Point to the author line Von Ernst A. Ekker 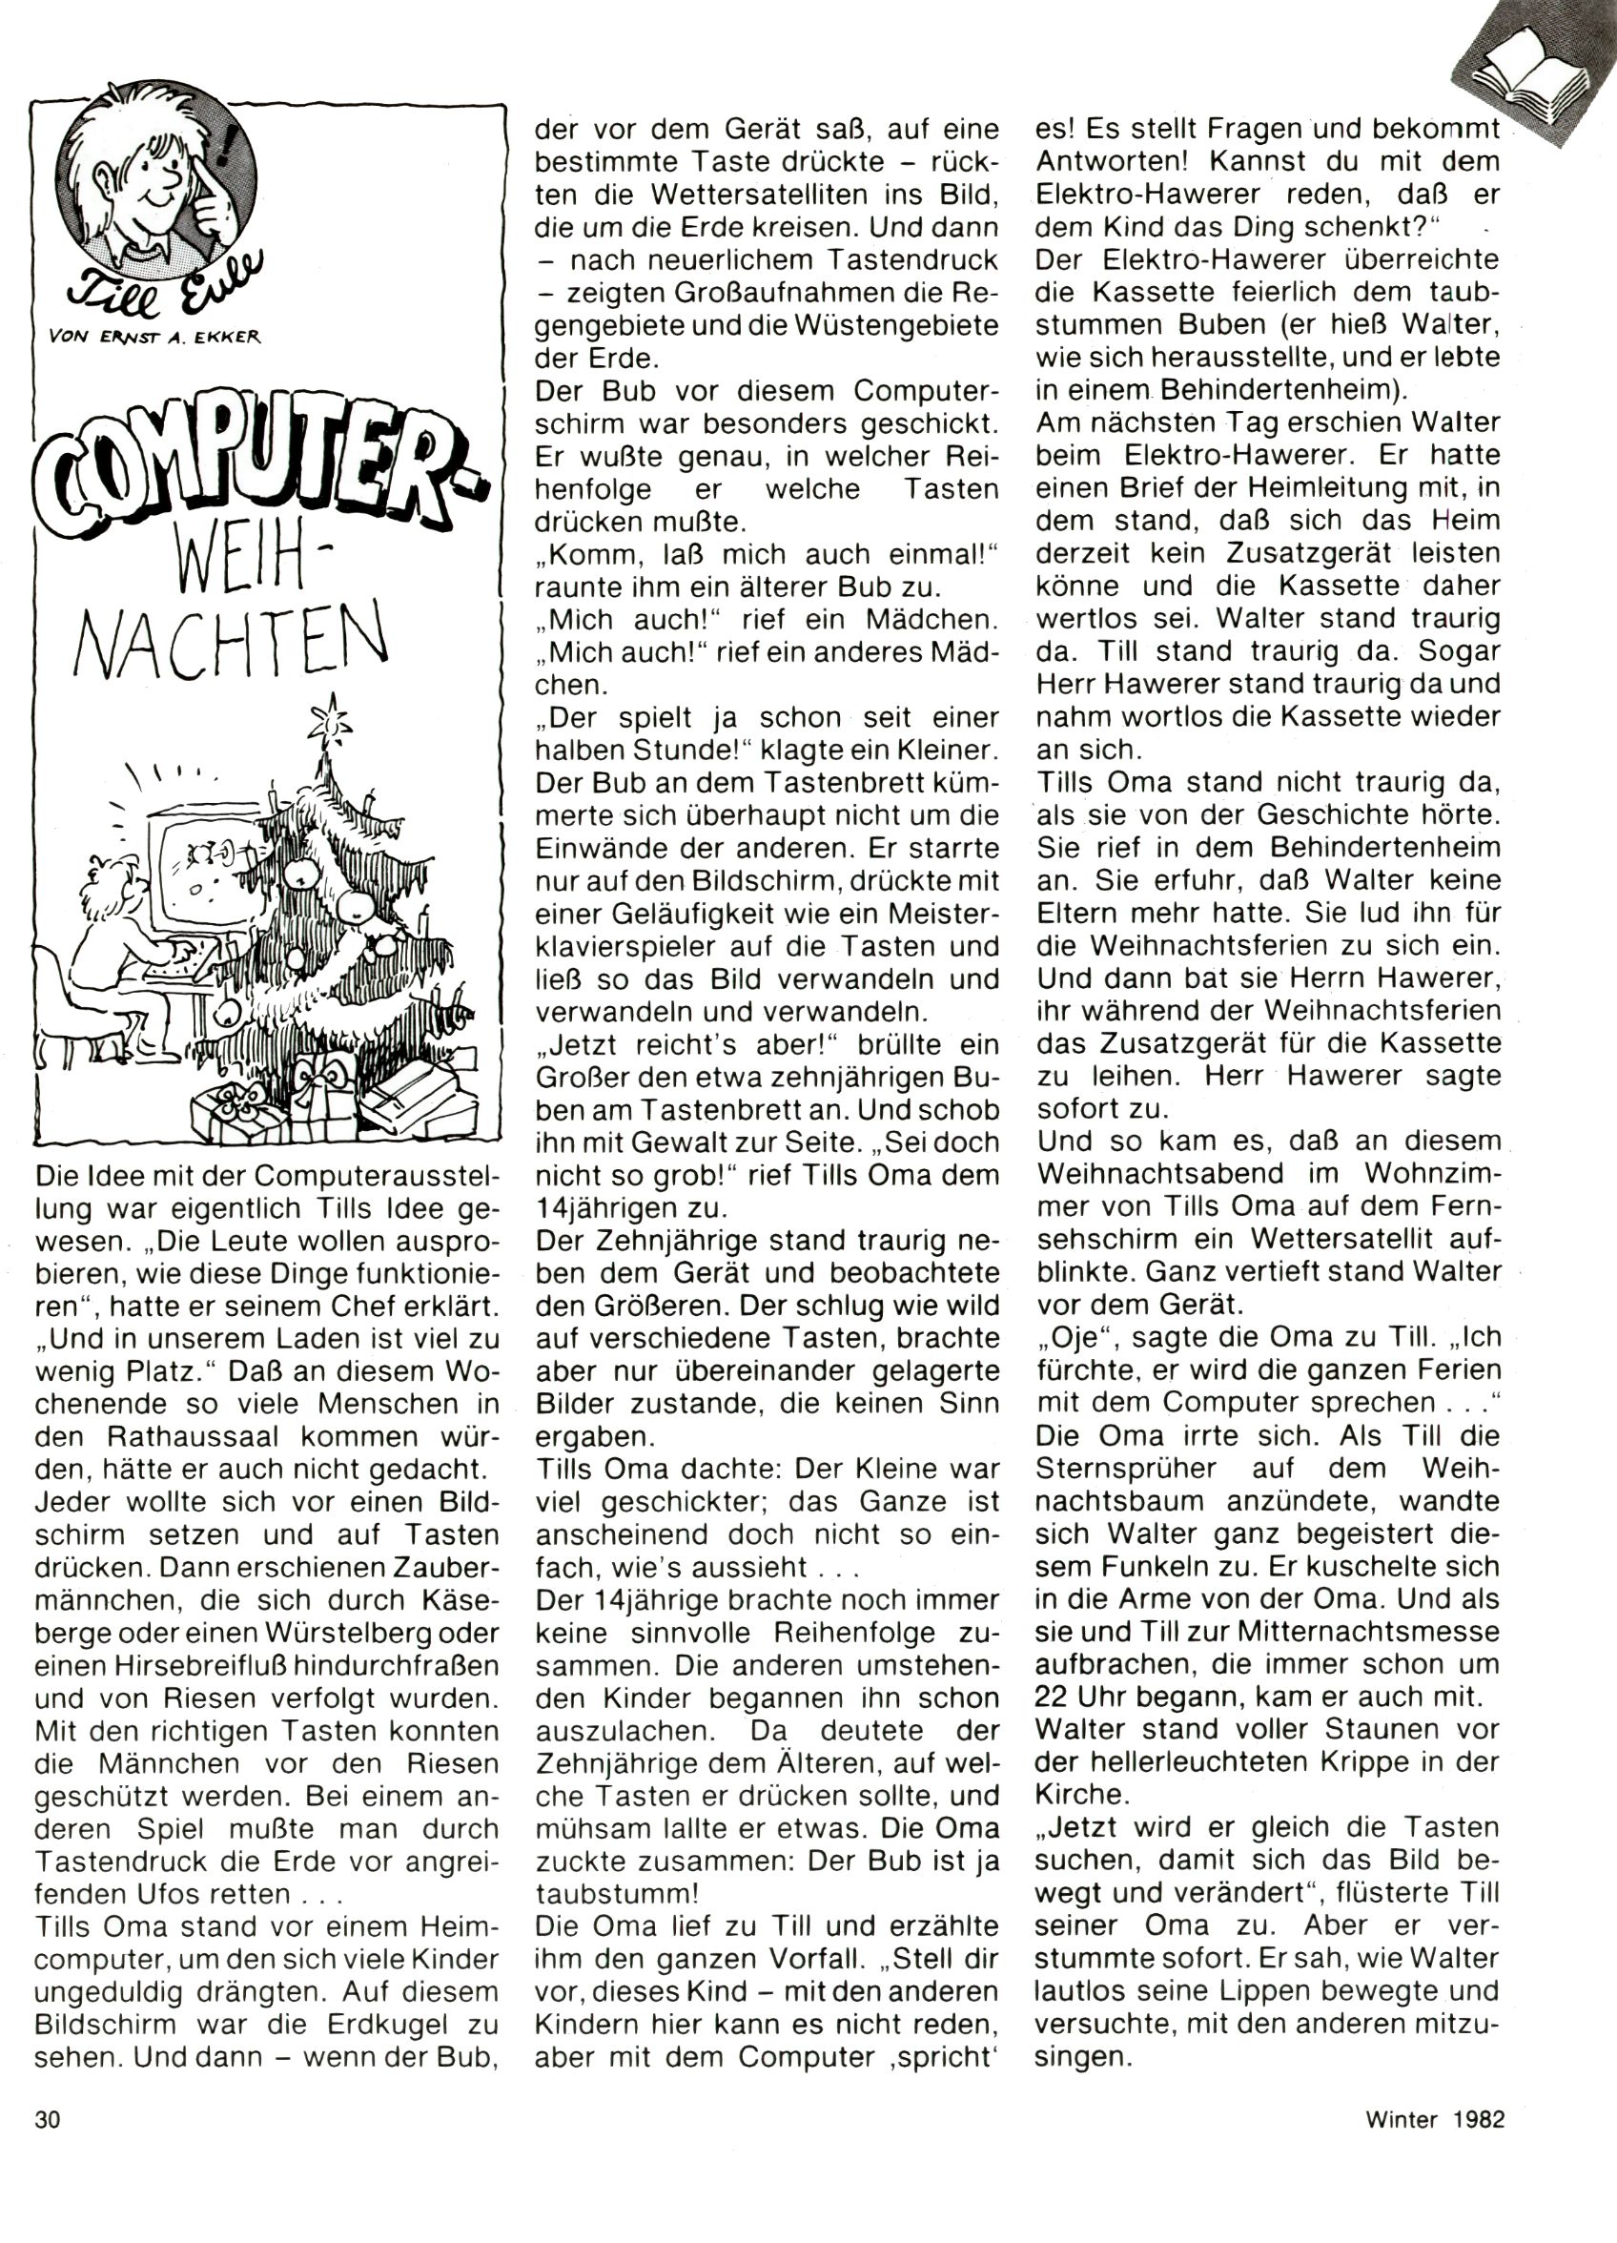click(153, 337)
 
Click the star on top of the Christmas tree click(330, 721)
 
